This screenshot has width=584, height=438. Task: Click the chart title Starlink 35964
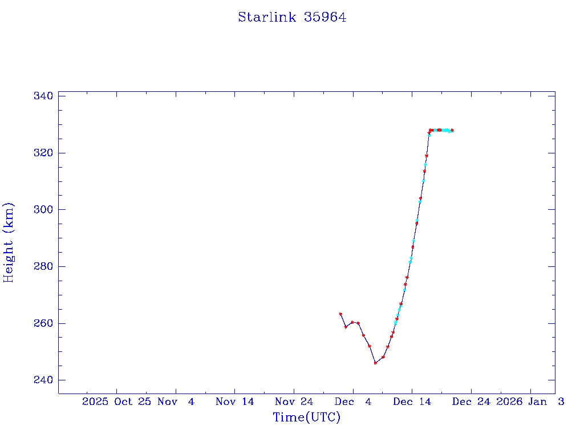tap(292, 17)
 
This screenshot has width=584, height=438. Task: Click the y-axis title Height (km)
tap(9, 242)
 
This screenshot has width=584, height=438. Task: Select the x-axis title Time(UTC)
tap(306, 417)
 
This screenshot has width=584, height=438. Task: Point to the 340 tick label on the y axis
tap(43, 96)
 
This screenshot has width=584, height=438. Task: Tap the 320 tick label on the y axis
tap(43, 153)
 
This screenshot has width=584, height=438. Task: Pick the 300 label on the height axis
tap(43, 209)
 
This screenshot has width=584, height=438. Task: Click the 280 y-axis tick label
tap(43, 266)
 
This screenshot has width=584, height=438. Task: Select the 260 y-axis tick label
tap(43, 323)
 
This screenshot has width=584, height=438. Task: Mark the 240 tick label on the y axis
tap(43, 380)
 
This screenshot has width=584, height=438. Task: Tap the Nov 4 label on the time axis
tap(176, 401)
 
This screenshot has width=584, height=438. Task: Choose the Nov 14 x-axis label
tap(234, 401)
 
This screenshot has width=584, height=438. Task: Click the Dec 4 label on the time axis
tap(352, 401)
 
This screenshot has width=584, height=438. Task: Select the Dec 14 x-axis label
tap(412, 401)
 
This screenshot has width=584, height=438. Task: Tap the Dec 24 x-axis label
tap(471, 401)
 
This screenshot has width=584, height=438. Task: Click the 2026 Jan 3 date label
tap(530, 401)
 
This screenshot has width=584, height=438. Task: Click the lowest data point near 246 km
tap(375, 363)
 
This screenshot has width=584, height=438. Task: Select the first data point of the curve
tap(340, 314)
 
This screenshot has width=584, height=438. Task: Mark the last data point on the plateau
tap(452, 131)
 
